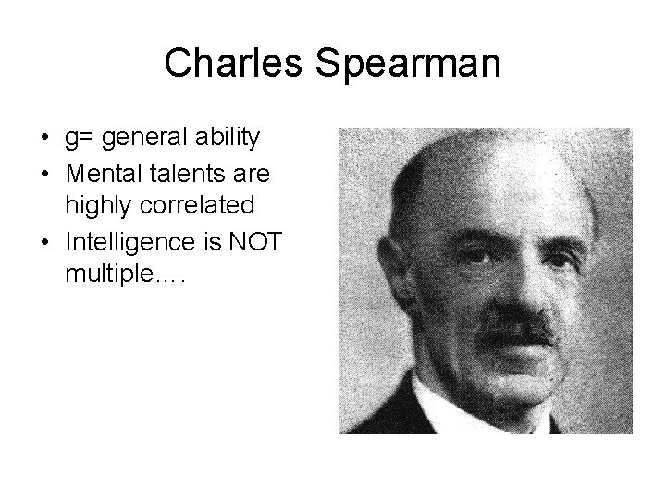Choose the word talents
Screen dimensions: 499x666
(183, 171)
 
